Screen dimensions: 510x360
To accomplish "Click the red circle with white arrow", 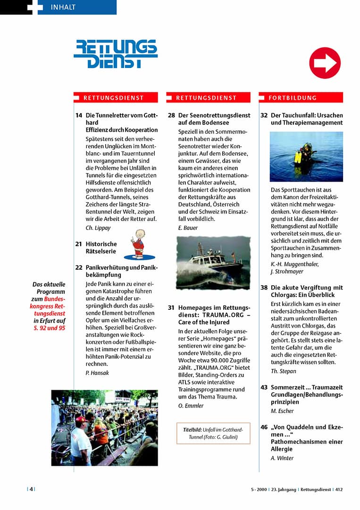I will [325, 63].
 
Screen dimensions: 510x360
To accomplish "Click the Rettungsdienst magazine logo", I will [116, 54].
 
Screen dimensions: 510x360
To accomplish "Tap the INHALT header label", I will [63, 7].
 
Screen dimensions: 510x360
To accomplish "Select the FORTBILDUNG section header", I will [293, 98].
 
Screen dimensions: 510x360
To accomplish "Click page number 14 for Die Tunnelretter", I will [78, 115].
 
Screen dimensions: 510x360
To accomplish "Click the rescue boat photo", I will [213, 263].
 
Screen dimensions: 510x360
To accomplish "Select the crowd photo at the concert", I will [104, 427].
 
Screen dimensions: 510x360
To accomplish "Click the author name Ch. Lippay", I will [98, 228].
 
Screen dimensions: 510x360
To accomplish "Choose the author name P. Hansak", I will [97, 373].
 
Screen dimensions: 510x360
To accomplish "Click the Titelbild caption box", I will [213, 433].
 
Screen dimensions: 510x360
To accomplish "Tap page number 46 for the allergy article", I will [264, 427].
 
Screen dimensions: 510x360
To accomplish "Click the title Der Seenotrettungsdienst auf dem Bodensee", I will [214, 119].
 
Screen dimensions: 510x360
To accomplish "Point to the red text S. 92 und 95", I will [50, 328].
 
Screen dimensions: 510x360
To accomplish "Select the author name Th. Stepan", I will [284, 371].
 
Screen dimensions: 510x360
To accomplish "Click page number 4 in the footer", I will [31, 489].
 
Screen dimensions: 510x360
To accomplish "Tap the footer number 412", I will [339, 490].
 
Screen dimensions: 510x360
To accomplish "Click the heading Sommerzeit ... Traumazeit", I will [306, 387].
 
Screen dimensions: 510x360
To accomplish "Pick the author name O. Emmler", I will [191, 406].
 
